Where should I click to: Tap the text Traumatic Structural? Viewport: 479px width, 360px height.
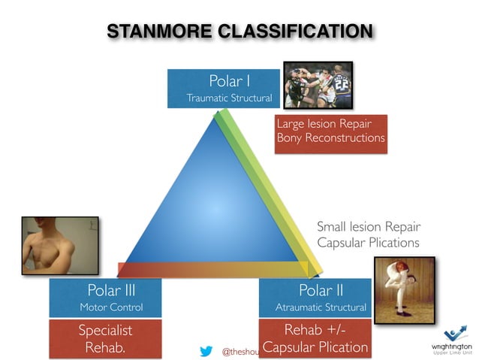229,98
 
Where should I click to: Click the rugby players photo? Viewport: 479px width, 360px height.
316,86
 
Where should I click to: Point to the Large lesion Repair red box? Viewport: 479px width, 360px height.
330,132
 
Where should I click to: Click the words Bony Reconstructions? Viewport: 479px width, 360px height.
330,138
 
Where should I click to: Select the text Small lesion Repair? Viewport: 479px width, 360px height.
369,226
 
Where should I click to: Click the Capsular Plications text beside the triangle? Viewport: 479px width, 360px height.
369,243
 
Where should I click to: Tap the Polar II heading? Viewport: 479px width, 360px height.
321,289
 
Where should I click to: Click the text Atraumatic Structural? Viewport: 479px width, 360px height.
321,307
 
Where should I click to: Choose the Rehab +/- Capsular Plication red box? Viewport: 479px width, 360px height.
315,338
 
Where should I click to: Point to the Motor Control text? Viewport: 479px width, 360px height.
111,307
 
